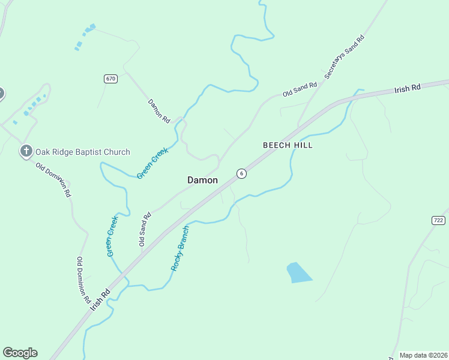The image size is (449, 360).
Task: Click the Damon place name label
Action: (x=202, y=180)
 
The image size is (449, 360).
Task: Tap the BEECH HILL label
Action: (x=288, y=145)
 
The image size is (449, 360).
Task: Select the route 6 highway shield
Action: (x=241, y=173)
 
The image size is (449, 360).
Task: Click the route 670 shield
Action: (x=110, y=79)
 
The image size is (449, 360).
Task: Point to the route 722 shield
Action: (x=438, y=220)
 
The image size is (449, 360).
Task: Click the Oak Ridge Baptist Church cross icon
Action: (x=26, y=151)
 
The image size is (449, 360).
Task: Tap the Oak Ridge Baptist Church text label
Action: (x=83, y=152)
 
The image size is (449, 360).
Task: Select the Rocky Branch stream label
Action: (x=179, y=248)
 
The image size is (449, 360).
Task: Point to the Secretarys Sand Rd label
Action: (x=345, y=58)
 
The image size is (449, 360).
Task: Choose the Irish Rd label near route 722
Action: (x=408, y=89)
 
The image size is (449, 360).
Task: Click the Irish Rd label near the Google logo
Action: (x=100, y=299)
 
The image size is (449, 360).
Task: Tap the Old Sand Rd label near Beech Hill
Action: (x=300, y=89)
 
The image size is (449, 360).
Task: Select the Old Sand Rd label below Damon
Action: (x=145, y=229)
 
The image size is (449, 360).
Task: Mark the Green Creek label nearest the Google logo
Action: (x=112, y=236)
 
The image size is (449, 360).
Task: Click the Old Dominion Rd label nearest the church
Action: (x=53, y=180)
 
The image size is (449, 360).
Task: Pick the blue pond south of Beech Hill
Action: (x=298, y=272)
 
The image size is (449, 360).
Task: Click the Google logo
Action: (x=20, y=353)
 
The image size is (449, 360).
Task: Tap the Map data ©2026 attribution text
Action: (x=423, y=355)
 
